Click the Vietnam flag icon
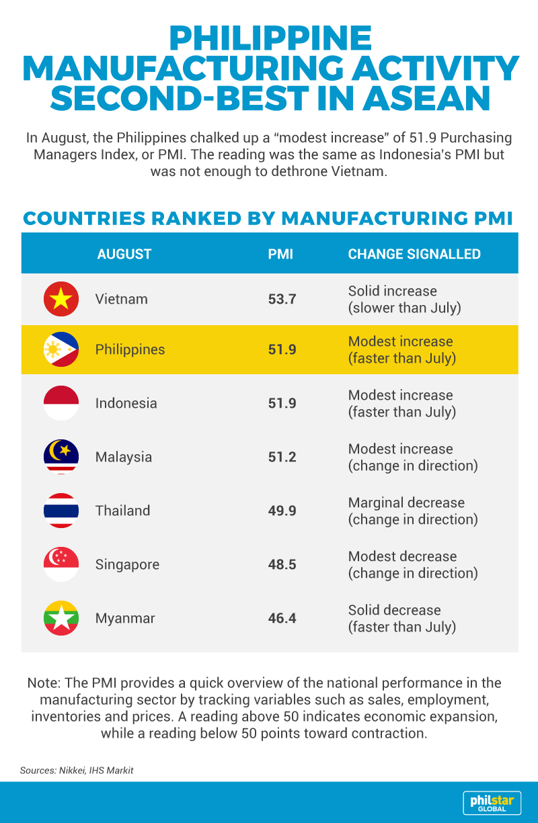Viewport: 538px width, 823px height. (61, 299)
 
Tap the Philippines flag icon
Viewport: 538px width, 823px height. (61, 349)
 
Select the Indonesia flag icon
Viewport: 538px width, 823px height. (61, 403)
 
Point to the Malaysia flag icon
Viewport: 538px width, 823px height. (61, 457)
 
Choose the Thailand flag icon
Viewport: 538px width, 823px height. (61, 511)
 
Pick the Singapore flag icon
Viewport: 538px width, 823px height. (61, 564)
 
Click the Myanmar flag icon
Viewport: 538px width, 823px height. (61, 618)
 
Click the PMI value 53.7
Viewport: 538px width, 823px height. (282, 299)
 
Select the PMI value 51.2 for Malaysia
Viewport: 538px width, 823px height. (282, 457)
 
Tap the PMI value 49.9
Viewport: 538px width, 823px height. (282, 511)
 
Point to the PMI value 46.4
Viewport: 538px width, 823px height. (282, 618)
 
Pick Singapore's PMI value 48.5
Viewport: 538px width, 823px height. (282, 565)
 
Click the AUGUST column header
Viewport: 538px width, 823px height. (124, 254)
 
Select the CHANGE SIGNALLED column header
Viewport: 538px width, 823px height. (414, 254)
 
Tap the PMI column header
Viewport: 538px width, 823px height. (280, 254)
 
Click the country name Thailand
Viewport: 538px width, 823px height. (123, 511)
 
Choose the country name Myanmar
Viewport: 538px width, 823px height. (125, 618)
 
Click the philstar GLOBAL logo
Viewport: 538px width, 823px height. (492, 803)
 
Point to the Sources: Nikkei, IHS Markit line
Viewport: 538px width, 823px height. (77, 771)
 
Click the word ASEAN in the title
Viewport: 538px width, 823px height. (426, 98)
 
